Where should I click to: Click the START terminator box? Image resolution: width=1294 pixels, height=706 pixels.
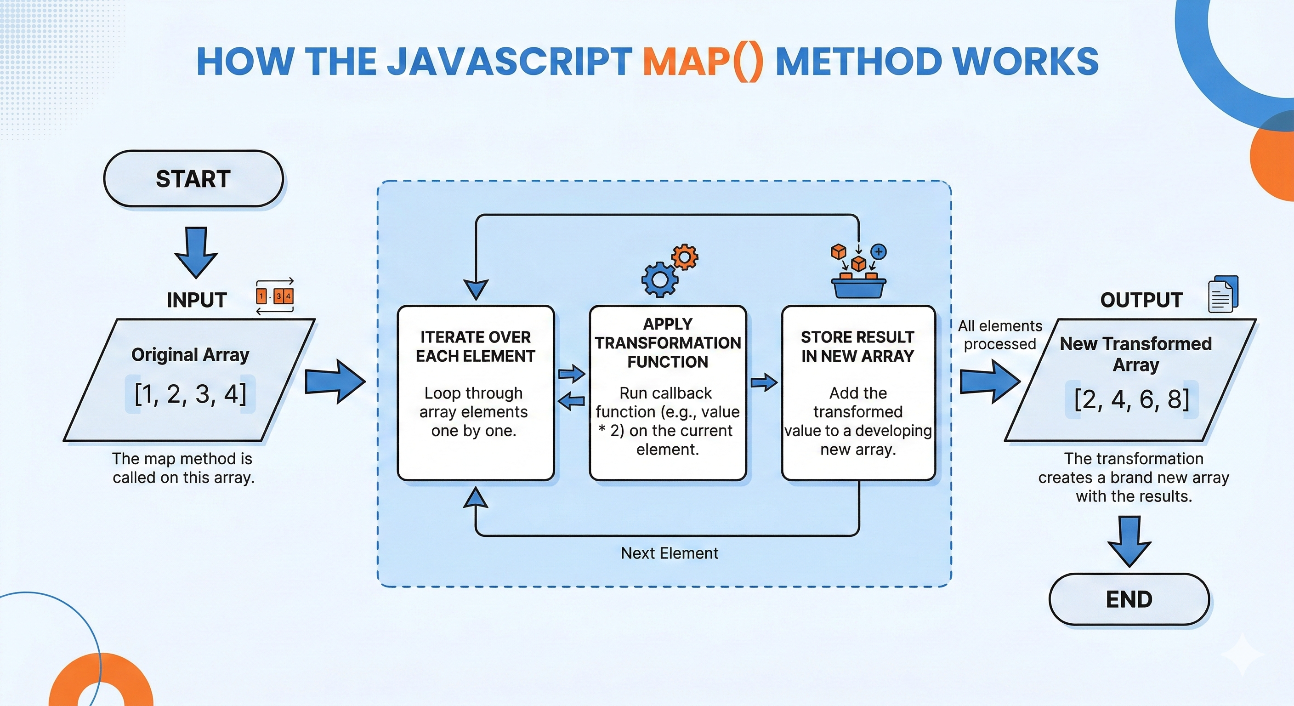[193, 179]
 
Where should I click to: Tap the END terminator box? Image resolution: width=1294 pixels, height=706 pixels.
[1129, 599]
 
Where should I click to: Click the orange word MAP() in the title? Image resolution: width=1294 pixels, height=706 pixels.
[703, 62]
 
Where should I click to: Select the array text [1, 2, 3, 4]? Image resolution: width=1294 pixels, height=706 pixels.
[190, 394]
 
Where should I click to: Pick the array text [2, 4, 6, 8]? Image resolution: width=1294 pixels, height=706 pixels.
[1132, 399]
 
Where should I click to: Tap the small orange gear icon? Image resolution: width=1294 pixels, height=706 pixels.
[685, 258]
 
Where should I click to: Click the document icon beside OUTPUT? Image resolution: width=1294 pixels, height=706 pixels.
[1223, 295]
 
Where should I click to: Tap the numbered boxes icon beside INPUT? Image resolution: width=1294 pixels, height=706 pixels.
[275, 296]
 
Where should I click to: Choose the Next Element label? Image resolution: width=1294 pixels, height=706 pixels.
[669, 553]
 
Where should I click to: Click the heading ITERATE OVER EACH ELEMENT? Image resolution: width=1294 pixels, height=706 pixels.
[475, 346]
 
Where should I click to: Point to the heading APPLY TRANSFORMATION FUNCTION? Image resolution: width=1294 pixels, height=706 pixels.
[668, 343]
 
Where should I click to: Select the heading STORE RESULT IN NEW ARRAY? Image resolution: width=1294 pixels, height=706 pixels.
[857, 346]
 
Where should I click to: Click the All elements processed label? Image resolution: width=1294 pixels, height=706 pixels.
[999, 335]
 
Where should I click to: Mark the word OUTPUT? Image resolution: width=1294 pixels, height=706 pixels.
[1141, 300]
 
